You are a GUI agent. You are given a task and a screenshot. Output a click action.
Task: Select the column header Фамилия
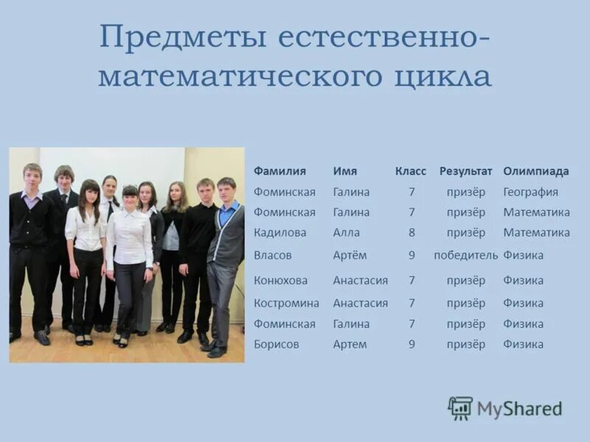280,171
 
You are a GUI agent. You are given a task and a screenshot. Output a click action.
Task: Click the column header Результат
465,171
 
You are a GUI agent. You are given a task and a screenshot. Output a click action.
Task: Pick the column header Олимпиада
536,171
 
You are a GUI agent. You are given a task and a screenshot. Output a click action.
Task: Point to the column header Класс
411,171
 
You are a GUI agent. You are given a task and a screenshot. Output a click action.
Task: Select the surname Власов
273,255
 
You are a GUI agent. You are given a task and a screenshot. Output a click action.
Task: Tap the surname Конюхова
281,281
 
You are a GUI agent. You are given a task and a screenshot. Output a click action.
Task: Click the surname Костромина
287,303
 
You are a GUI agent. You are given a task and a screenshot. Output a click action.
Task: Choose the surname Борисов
277,344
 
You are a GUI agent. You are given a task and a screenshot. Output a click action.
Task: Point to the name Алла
347,233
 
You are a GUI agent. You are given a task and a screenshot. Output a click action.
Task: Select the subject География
531,192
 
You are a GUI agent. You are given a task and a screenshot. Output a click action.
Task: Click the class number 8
412,233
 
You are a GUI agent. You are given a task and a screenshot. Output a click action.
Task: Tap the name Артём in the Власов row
350,255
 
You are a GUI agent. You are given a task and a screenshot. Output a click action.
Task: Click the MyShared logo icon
460,407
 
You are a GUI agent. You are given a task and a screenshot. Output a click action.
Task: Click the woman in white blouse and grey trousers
130,258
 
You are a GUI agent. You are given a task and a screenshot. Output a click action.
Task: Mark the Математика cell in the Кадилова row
537,233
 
